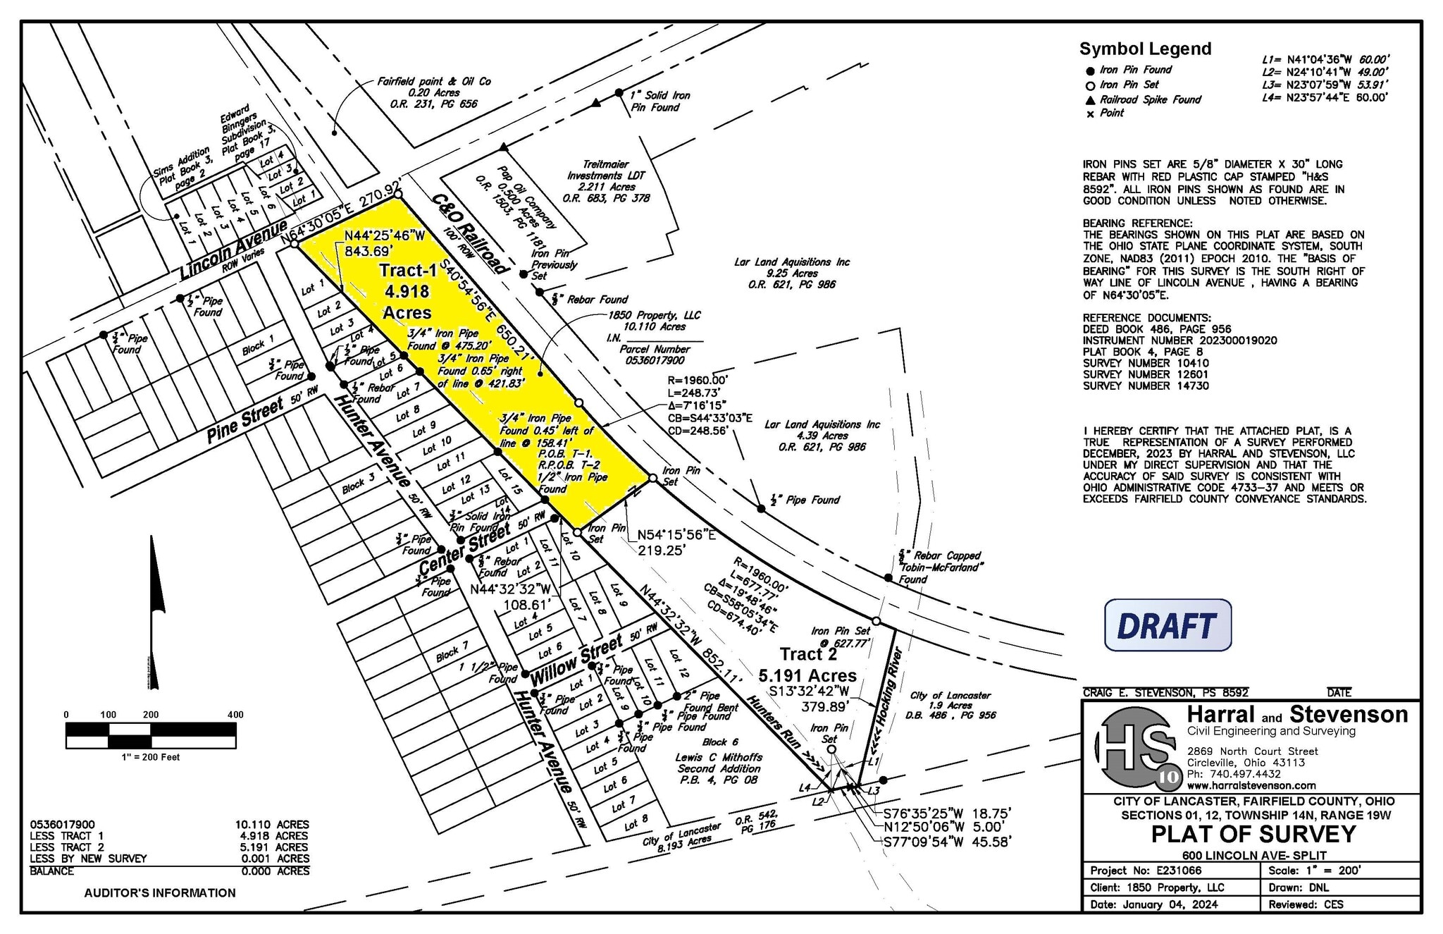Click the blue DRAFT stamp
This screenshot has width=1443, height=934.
click(1168, 625)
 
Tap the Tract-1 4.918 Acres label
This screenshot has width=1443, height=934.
click(405, 291)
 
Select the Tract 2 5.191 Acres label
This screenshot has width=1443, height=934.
click(807, 665)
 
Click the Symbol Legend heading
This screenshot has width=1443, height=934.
click(1145, 49)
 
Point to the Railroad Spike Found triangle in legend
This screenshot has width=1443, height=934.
click(1090, 100)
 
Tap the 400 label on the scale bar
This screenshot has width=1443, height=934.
click(235, 715)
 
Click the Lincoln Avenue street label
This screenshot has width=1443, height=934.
click(233, 250)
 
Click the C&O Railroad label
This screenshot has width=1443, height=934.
click(470, 233)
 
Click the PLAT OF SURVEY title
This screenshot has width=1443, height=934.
click(1253, 835)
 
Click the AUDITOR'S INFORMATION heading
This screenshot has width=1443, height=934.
click(160, 892)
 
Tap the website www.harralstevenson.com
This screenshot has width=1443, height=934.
click(1251, 785)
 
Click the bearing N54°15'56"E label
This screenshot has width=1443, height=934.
click(676, 535)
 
